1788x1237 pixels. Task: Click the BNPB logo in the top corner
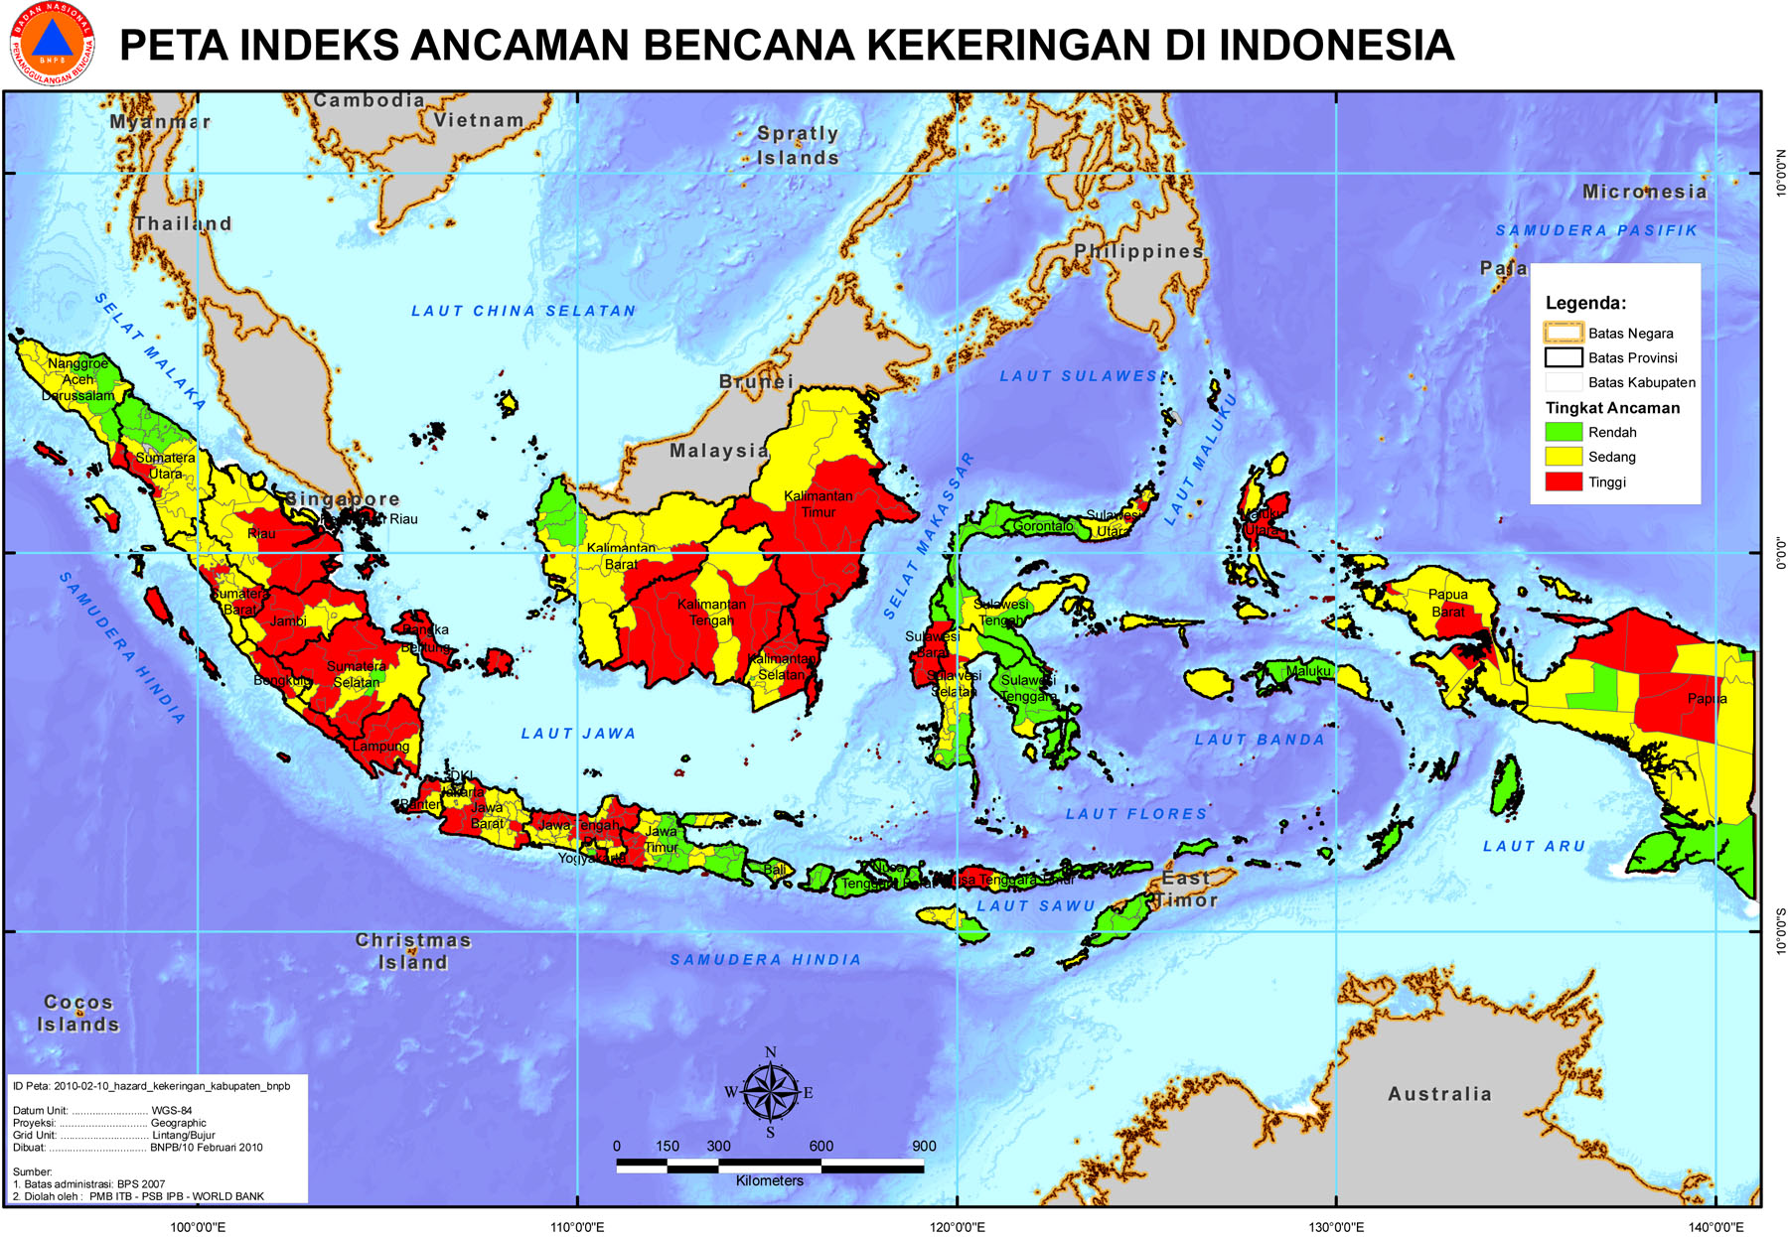(x=52, y=43)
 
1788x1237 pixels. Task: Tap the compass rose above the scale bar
(x=770, y=1092)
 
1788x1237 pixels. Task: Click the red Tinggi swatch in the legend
(x=1564, y=481)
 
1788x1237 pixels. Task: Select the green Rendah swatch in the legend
(x=1564, y=432)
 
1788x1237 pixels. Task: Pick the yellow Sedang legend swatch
(x=1564, y=457)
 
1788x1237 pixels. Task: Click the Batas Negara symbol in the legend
(x=1564, y=333)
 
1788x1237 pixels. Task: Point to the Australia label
(x=1439, y=1094)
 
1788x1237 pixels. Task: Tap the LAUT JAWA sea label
(x=578, y=734)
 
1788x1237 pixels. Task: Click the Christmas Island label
(x=413, y=951)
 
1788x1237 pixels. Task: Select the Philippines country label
(x=1138, y=251)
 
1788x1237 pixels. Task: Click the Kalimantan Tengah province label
(x=711, y=612)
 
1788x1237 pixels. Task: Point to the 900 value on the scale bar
(x=924, y=1146)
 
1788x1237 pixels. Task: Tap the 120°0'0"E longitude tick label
(x=958, y=1227)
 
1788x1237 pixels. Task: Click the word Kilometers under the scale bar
(x=770, y=1180)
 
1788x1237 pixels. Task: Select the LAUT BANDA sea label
(x=1260, y=740)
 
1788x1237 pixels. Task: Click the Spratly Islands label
(x=798, y=145)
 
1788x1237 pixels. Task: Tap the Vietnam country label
(x=479, y=120)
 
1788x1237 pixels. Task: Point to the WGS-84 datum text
(x=171, y=1111)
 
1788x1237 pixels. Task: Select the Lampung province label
(x=380, y=746)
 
